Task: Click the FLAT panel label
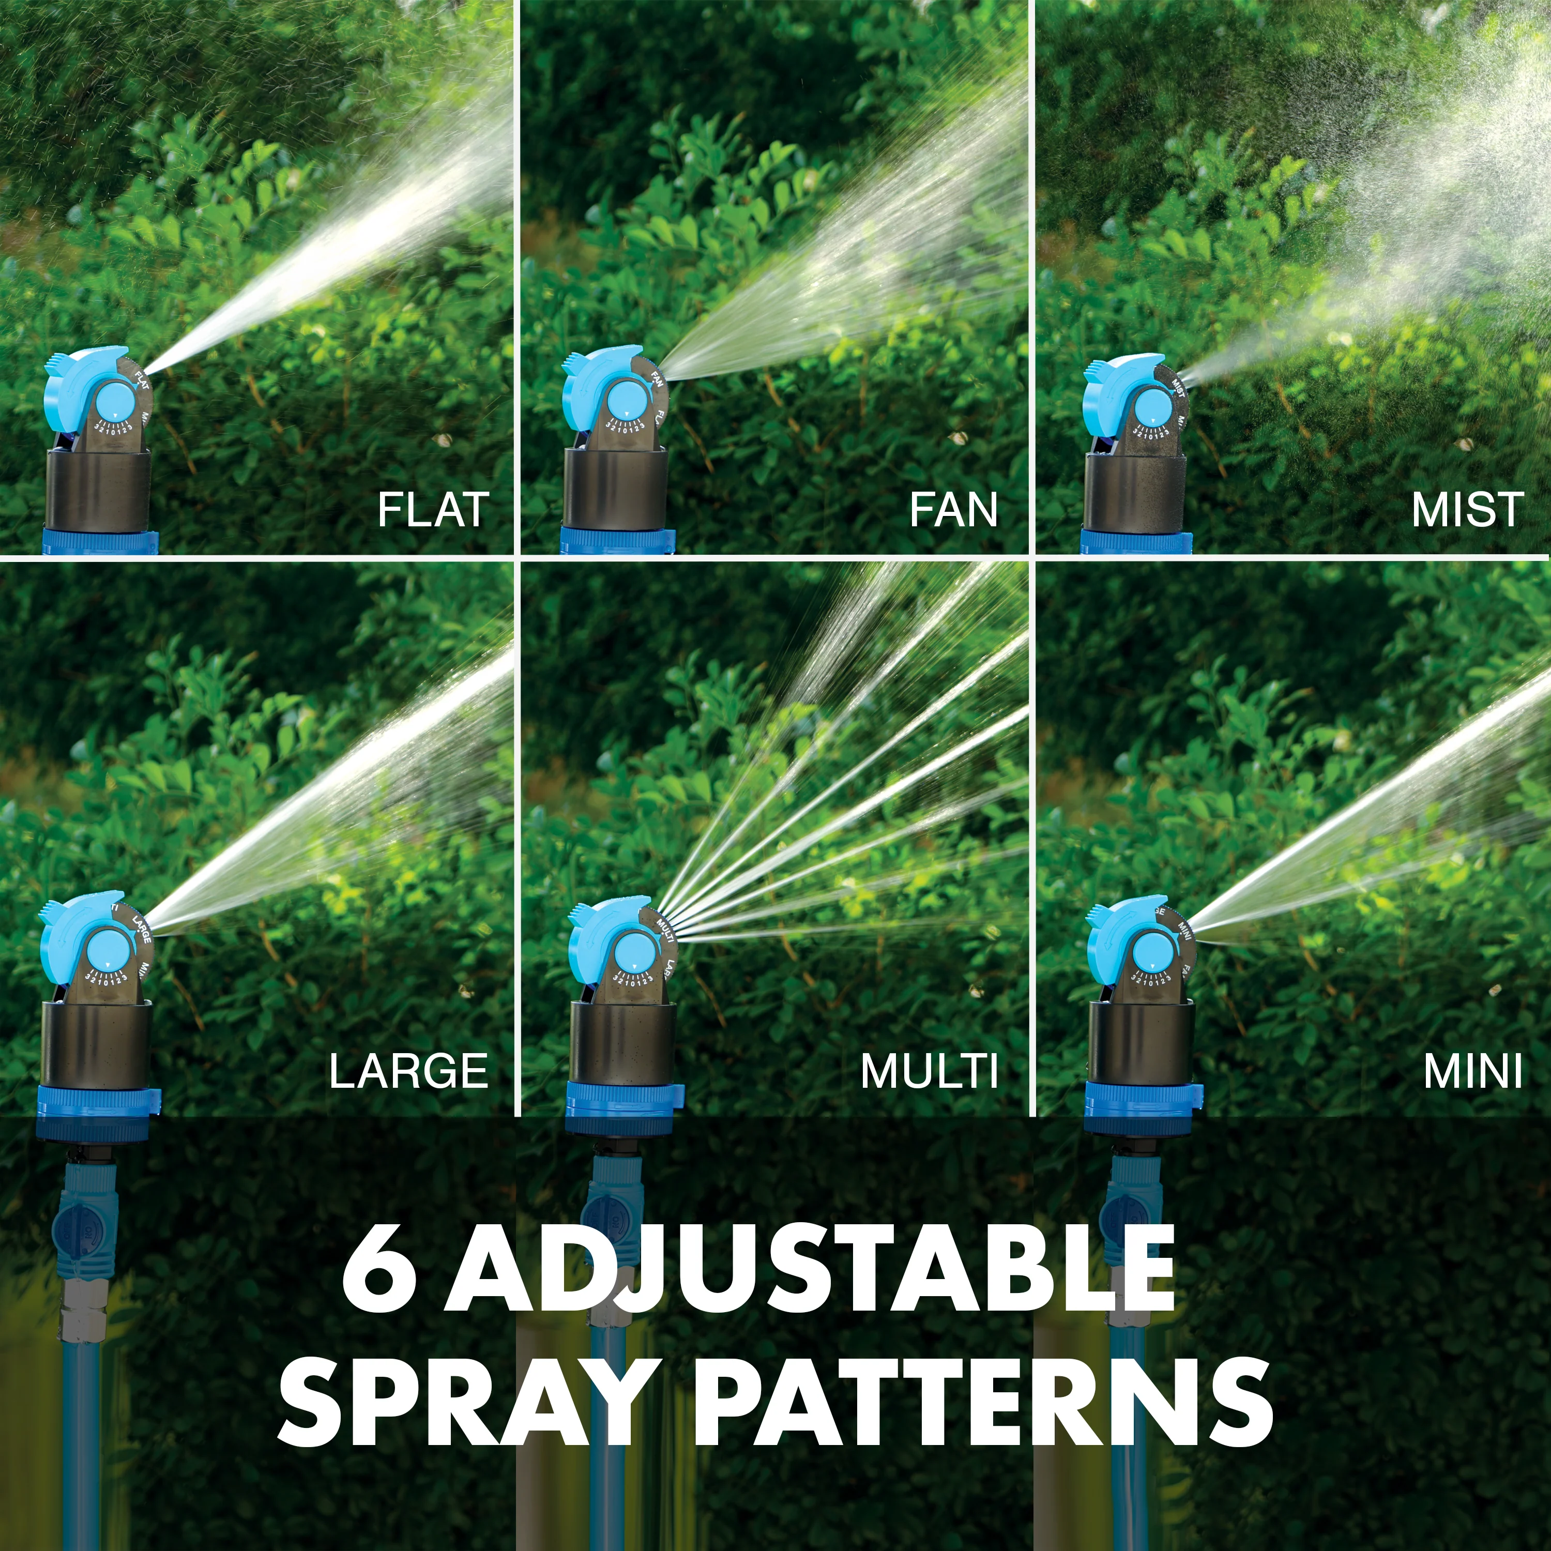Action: (x=433, y=511)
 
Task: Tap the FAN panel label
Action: (x=954, y=511)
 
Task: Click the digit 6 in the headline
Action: (x=379, y=1275)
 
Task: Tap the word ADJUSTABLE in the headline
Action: (x=811, y=1275)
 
